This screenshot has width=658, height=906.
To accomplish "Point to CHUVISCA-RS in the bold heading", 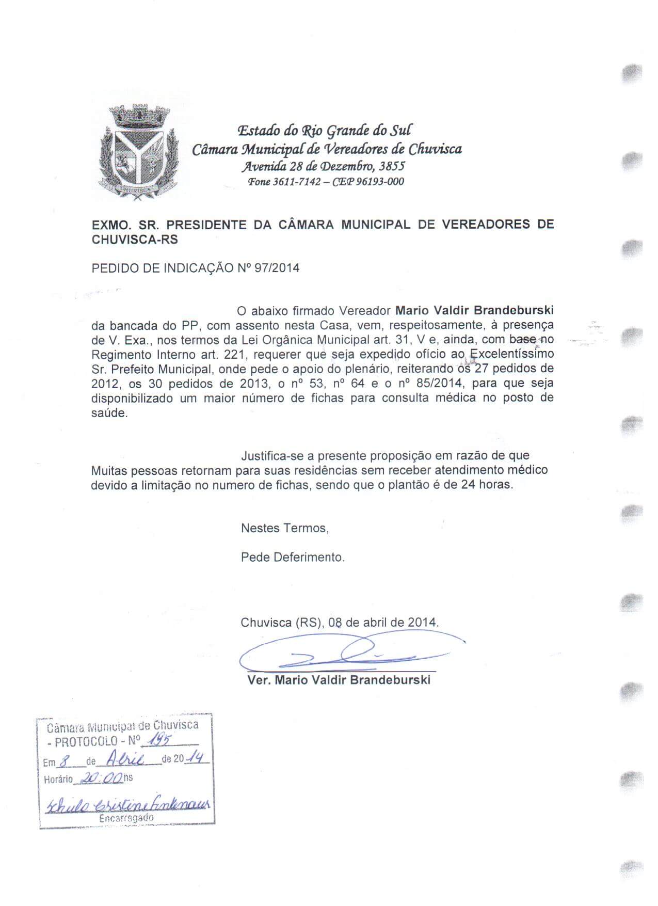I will (134, 240).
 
